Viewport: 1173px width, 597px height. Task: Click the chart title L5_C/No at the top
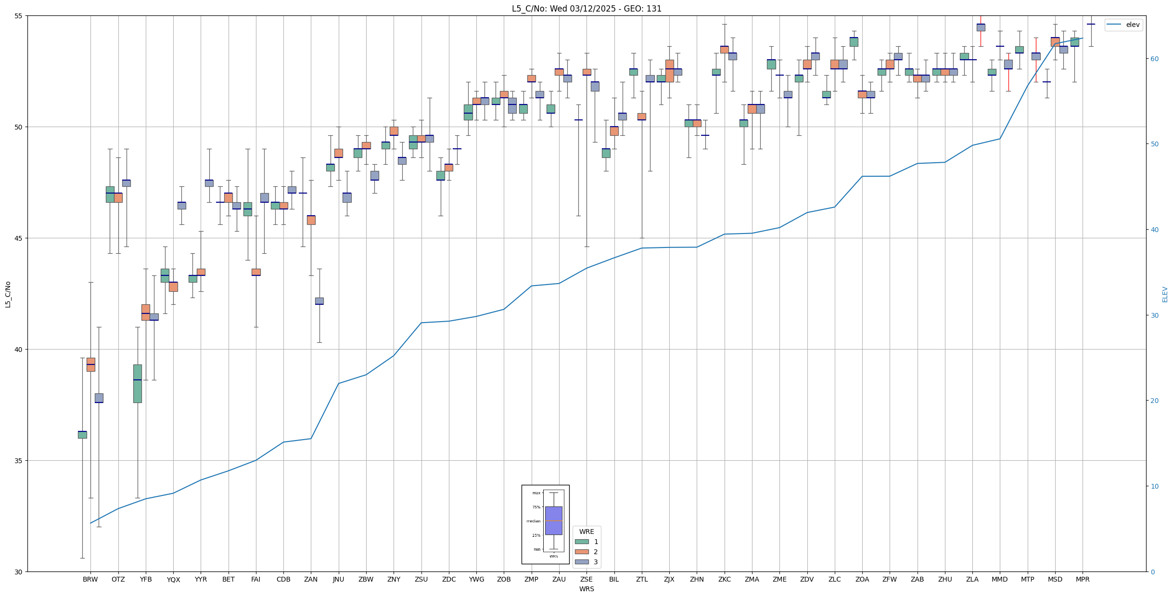pyautogui.click(x=586, y=9)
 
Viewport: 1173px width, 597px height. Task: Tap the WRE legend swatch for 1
pyautogui.click(x=582, y=542)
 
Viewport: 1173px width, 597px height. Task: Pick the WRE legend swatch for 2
pyautogui.click(x=582, y=552)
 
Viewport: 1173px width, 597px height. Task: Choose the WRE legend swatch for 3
pyautogui.click(x=582, y=562)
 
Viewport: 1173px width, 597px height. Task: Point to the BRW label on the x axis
pyautogui.click(x=90, y=579)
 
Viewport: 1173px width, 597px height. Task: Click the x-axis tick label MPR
pyautogui.click(x=1083, y=579)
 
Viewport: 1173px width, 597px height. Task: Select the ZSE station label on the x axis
pyautogui.click(x=586, y=579)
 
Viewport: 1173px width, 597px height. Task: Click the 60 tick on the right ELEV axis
pyautogui.click(x=1154, y=59)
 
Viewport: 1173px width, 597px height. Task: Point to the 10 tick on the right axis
pyautogui.click(x=1154, y=486)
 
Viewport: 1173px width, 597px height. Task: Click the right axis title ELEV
pyautogui.click(x=1165, y=294)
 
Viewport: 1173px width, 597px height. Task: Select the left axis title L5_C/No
pyautogui.click(x=8, y=294)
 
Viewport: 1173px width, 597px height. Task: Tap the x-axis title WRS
pyautogui.click(x=586, y=589)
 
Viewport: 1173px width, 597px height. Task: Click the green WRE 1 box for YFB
pyautogui.click(x=138, y=384)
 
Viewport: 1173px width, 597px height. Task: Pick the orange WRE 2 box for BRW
pyautogui.click(x=90, y=364)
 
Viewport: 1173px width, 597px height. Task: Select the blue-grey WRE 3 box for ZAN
pyautogui.click(x=319, y=301)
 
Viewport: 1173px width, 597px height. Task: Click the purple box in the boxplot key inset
pyautogui.click(x=553, y=520)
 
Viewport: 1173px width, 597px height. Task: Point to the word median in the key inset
pyautogui.click(x=533, y=521)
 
